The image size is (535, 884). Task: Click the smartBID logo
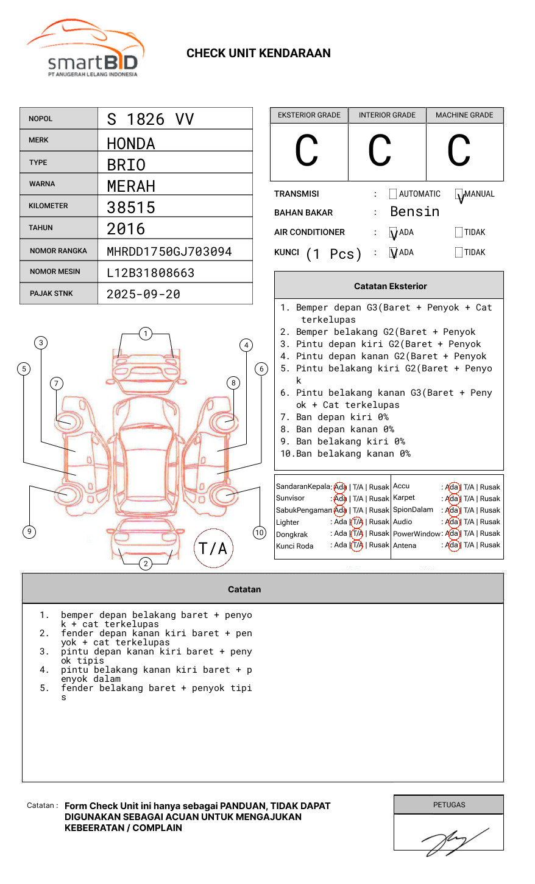[x=85, y=49]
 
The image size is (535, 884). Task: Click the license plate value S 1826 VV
[x=150, y=119]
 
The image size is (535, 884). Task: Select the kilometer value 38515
[x=131, y=208]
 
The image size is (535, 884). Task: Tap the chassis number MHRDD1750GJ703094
[x=169, y=251]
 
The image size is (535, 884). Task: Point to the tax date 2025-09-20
[x=143, y=294]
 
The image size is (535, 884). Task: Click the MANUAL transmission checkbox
[x=459, y=194]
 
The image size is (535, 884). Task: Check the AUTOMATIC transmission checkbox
[x=393, y=194]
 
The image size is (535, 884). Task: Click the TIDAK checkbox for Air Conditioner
[x=459, y=233]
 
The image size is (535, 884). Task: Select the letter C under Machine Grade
[x=459, y=151]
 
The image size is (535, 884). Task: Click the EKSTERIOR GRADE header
[x=309, y=115]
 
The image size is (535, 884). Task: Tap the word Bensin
[x=414, y=212]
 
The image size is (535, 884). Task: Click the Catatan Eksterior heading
[x=390, y=286]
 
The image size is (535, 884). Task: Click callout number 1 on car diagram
[x=145, y=334]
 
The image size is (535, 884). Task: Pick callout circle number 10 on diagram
[x=260, y=533]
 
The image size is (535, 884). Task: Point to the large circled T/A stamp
[x=213, y=549]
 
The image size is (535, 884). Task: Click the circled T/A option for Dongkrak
[x=357, y=534]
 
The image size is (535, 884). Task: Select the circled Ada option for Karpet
[x=452, y=499]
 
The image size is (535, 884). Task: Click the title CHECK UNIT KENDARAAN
[x=258, y=54]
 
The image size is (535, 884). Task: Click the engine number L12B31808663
[x=151, y=273]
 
